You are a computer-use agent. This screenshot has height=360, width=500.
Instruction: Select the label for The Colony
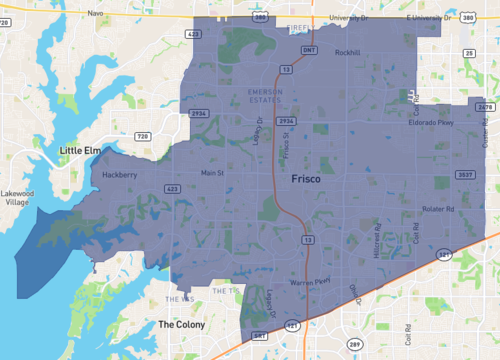point(181,324)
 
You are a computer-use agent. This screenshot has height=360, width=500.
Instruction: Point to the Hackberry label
point(119,174)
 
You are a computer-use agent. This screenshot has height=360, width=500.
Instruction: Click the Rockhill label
point(347,52)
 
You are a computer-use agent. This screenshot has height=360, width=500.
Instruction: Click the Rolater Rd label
point(438,209)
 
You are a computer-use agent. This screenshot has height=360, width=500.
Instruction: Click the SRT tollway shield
point(259,335)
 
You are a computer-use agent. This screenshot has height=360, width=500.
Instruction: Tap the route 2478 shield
point(486,106)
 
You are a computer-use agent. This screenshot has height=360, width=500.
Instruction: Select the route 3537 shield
point(464,175)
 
